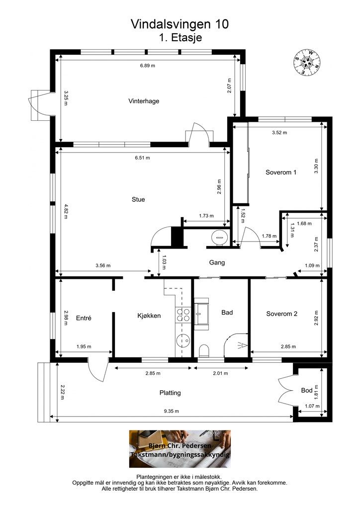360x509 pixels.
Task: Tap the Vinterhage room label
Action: click(144, 101)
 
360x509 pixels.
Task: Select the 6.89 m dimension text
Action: click(148, 66)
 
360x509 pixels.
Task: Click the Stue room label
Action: click(138, 199)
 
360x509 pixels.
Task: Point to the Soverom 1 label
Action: click(281, 172)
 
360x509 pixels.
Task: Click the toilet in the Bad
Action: click(204, 350)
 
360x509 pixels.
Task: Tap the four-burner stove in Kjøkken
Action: click(183, 315)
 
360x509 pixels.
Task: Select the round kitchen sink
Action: click(183, 340)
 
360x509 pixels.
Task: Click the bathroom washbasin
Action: click(202, 314)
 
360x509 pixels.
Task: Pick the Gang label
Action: click(217, 262)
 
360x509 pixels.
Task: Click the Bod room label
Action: click(307, 390)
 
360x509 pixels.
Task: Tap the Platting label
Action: click(170, 393)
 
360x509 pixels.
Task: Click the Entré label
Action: click(84, 318)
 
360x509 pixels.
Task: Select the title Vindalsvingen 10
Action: click(180, 24)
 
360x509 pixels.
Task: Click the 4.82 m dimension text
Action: click(66, 212)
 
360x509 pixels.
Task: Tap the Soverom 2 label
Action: click(282, 314)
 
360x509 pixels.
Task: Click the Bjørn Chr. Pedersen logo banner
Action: click(180, 449)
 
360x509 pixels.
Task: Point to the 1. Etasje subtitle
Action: click(180, 37)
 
